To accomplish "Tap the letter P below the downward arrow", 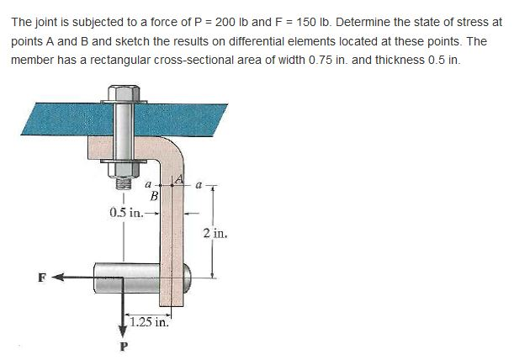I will click(124, 346).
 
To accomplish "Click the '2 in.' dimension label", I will click(214, 233).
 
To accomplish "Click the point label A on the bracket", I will click(178, 178).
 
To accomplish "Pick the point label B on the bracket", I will click(154, 196).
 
